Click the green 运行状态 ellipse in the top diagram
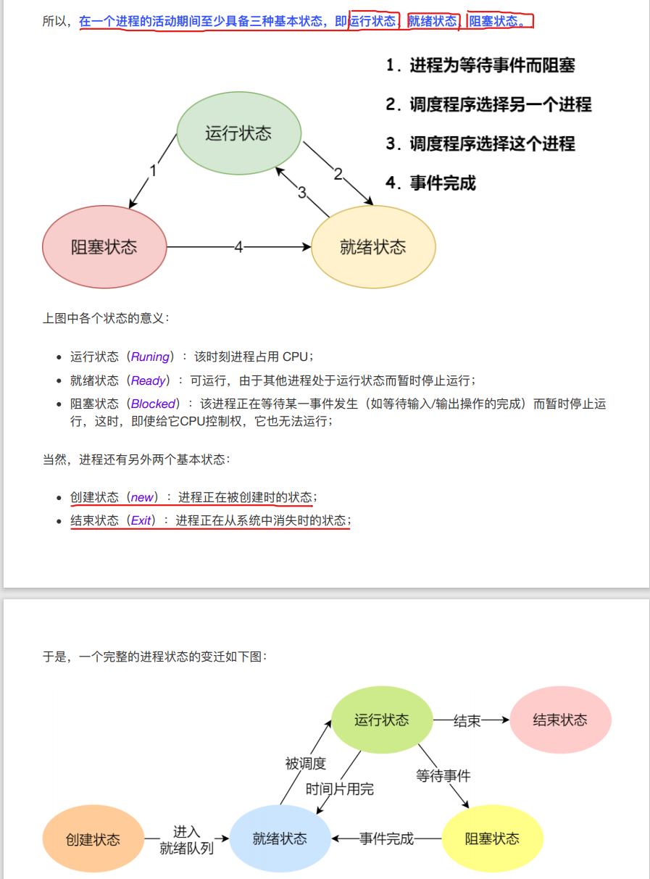point(238,133)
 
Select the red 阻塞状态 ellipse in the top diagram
point(104,247)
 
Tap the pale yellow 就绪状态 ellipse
point(373,247)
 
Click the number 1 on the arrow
point(153,171)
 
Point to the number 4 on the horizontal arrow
point(238,247)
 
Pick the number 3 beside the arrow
point(302,193)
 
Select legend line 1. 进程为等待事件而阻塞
point(481,66)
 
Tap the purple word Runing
point(150,357)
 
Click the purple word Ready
point(149,380)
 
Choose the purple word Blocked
point(153,404)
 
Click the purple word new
point(142,497)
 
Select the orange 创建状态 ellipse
point(93,839)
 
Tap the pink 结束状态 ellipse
point(560,720)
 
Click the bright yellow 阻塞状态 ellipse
point(492,839)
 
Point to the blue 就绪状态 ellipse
point(280,839)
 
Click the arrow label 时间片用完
point(340,789)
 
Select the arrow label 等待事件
point(443,776)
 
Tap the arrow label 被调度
point(306,763)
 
